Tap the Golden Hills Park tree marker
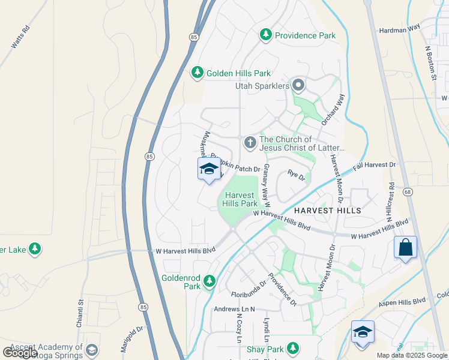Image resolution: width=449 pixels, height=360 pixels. pos(197,73)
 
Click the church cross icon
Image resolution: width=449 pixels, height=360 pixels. pos(250,143)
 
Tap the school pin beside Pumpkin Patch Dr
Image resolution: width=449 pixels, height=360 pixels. pos(209,170)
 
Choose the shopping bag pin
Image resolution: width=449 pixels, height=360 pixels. pos(405,247)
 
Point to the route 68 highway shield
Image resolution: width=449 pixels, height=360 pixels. pos(409,191)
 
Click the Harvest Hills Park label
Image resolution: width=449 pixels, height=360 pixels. pos(241,199)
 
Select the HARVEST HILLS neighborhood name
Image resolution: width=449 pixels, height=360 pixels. pos(327,211)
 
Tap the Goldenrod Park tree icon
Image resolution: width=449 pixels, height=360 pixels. pos(209,281)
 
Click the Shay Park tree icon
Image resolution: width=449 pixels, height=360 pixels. pos(292,349)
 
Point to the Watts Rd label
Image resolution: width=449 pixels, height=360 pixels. pos(20,37)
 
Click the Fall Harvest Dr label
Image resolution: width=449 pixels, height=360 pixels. pos(375,164)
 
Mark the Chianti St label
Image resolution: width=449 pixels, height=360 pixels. pos(80,314)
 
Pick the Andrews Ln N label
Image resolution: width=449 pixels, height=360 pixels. pos(235,309)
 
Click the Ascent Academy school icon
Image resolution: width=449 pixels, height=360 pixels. pos(92,350)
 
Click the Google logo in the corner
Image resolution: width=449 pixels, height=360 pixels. pos(20,353)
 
